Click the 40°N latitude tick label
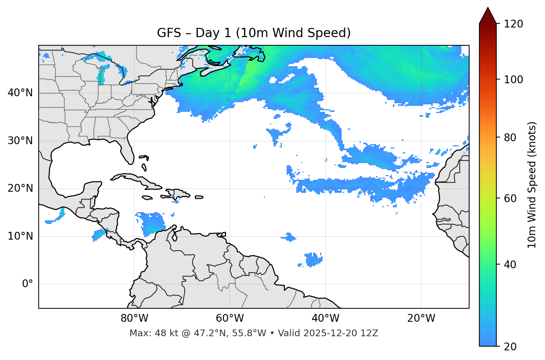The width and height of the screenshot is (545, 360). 20,93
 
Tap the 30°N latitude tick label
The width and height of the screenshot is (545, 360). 20,141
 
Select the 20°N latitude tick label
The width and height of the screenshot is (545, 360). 20,188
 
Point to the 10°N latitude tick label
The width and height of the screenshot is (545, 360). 20,236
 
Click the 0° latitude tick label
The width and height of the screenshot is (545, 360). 28,284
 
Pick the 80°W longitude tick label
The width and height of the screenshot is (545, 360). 134,318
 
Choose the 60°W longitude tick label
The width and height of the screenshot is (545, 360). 230,318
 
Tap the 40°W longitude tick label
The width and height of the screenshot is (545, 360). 325,318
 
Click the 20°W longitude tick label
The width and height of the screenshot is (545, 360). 421,318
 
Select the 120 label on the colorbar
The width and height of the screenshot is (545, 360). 513,24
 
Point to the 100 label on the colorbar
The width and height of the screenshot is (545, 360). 513,80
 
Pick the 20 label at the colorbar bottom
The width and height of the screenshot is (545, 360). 510,347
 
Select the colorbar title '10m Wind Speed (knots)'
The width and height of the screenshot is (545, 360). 532,185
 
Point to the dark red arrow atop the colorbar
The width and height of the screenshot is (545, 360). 488,16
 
